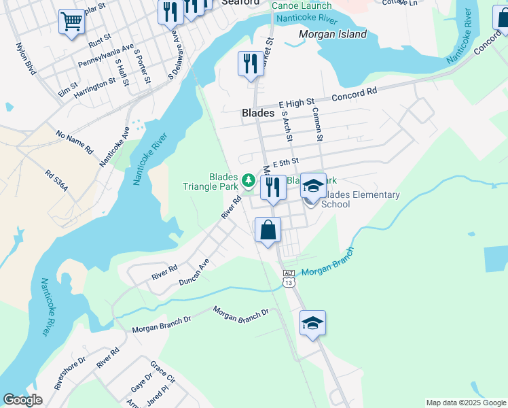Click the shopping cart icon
[x=71, y=22]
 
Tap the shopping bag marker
[x=268, y=230]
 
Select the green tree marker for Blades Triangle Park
[x=249, y=180]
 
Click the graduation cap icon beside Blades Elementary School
[x=313, y=185]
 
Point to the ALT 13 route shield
[x=289, y=278]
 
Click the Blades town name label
[x=258, y=114]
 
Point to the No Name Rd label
[x=74, y=142]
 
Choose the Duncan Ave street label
[x=194, y=271]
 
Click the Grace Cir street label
[x=162, y=372]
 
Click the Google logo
[x=22, y=400]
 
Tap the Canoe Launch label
[x=302, y=5]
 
